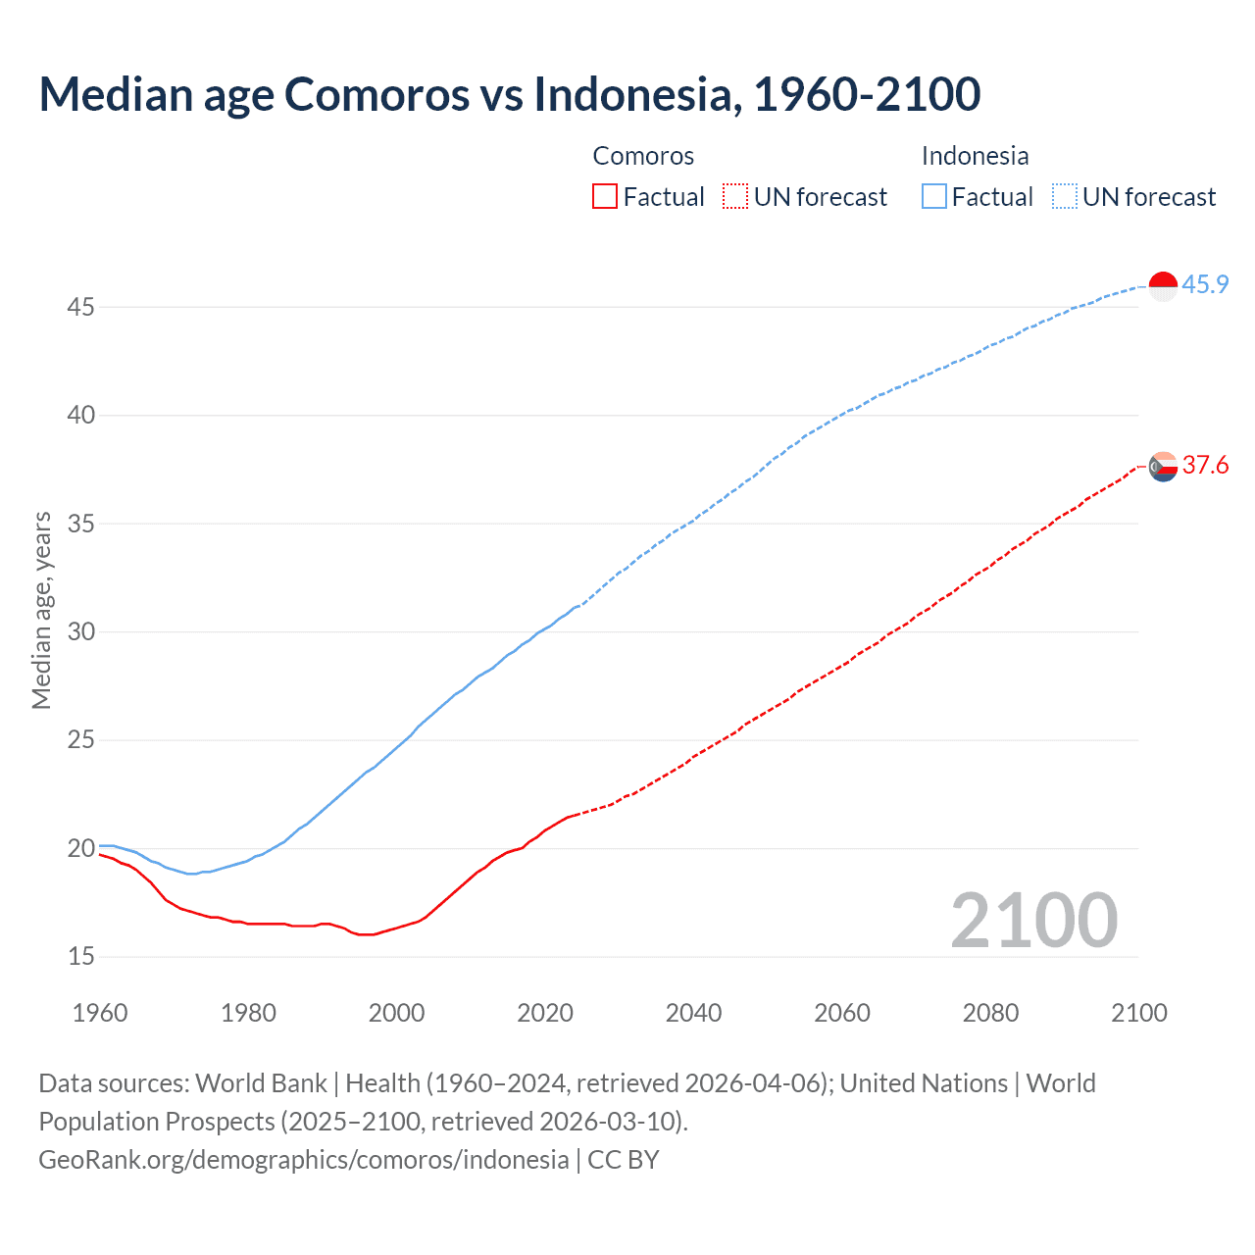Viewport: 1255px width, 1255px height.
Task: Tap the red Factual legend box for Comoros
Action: coord(605,196)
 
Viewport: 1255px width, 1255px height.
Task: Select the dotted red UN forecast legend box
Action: coord(735,196)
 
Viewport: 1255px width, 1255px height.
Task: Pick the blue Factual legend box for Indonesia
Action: coord(934,196)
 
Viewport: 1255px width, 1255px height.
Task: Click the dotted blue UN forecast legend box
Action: coord(1064,196)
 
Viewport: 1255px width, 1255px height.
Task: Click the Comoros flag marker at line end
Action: coord(1163,467)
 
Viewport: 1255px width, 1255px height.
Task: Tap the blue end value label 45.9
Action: coord(1205,284)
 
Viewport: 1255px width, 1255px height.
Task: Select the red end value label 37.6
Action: coord(1205,465)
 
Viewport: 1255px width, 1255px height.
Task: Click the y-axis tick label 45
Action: coord(80,308)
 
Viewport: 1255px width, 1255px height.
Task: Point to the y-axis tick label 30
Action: coord(80,632)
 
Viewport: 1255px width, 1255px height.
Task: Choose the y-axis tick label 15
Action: coord(80,957)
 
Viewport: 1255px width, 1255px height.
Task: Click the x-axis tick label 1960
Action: coord(100,1013)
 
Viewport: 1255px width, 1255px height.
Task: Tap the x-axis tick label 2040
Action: coord(693,1013)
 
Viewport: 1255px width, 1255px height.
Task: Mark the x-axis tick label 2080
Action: coord(990,1013)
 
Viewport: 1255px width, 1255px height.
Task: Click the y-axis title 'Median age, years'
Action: coord(41,610)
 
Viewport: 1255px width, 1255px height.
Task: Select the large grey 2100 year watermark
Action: coord(1033,920)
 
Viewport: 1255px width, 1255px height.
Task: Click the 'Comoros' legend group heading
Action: coord(643,156)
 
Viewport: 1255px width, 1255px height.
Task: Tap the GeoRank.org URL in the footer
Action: coord(303,1160)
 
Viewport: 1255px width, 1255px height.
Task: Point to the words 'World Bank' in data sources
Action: coord(261,1083)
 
